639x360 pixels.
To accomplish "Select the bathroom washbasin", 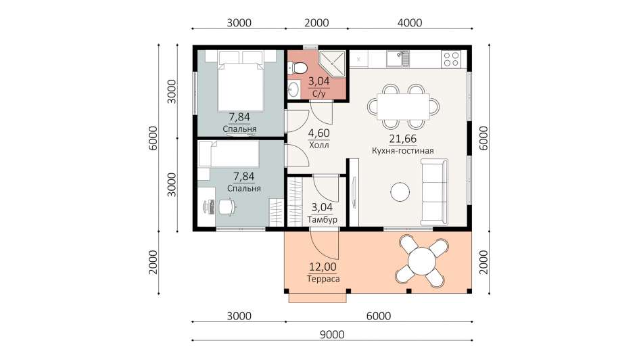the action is coord(293,89).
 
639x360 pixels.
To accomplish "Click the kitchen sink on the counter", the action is coord(398,59).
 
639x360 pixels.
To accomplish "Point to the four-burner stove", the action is coord(452,59).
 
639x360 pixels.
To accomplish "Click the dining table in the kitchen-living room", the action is coord(403,106).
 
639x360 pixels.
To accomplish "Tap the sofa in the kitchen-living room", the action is coord(434,192).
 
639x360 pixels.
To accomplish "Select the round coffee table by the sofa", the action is coord(400,192).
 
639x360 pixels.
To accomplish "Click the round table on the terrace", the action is coord(422,262).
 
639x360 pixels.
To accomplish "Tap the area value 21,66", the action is coord(402,139).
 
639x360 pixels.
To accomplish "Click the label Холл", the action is coord(318,145).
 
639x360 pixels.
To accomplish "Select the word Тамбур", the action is coord(322,220).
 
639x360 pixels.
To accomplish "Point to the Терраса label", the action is coord(323,279).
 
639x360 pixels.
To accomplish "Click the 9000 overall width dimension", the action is coord(332,334).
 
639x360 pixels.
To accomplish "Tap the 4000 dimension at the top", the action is coord(410,23).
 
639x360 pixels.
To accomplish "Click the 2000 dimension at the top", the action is coord(316,23).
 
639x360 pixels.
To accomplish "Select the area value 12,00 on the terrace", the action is coord(323,267).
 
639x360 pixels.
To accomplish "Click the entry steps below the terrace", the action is coord(317,298).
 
